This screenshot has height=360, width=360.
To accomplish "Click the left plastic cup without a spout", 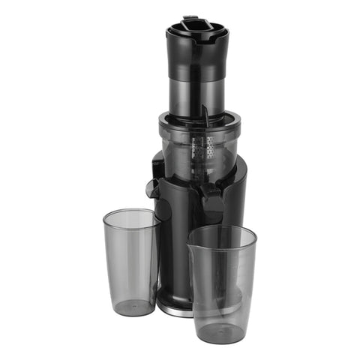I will [130, 262].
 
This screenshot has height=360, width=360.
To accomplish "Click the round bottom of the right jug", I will [221, 331].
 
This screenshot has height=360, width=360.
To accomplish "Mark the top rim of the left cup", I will [131, 215].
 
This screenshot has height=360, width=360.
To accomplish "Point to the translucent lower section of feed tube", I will [196, 94].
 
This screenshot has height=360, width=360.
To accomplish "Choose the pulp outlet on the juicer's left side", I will [153, 187].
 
